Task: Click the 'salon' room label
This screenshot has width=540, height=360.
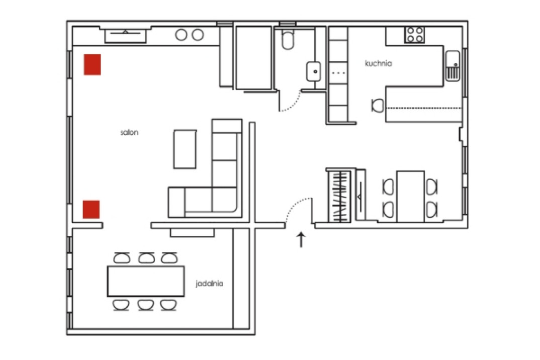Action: tap(129, 132)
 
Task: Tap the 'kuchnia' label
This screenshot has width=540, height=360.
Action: tap(378, 63)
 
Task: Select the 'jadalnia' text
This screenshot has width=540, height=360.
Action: tap(209, 284)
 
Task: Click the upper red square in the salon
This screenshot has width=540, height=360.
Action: tap(93, 64)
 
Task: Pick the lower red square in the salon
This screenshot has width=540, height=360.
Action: tap(92, 209)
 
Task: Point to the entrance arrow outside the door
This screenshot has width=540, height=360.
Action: tap(301, 240)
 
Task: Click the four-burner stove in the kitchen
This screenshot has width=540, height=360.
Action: tap(415, 35)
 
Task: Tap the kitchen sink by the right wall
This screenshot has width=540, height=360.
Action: tap(453, 66)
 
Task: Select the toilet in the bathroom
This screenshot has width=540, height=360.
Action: tap(288, 39)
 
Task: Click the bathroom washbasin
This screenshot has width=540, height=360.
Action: tap(314, 71)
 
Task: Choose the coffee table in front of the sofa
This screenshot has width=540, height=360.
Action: tap(185, 149)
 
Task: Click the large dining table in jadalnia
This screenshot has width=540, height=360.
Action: tap(146, 281)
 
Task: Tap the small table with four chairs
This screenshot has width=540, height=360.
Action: tap(410, 197)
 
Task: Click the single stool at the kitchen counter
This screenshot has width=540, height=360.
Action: tap(378, 106)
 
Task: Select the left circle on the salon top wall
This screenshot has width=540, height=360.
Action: tap(181, 35)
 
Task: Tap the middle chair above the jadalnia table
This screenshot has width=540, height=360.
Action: tap(146, 258)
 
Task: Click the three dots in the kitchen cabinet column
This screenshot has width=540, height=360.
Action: tap(338, 73)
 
